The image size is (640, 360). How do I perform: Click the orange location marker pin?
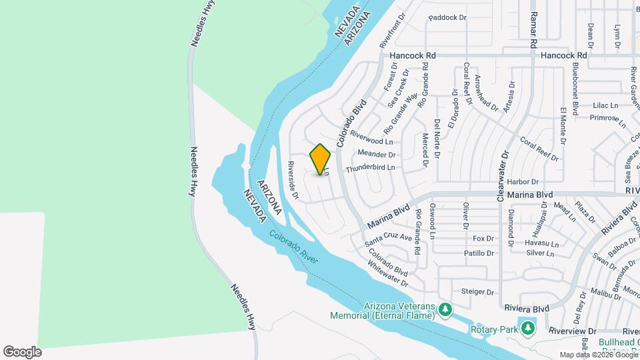pos(321,159)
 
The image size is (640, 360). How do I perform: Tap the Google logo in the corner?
pos(22,351)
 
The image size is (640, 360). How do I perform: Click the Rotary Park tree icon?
pos(528,328)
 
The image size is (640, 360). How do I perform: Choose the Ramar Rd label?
pos(533,31)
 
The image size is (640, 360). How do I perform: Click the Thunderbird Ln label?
pos(370,167)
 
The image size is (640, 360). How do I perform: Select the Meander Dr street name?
pos(377,154)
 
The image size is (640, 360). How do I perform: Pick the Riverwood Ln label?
pos(371,141)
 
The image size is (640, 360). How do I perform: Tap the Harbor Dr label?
pos(522,181)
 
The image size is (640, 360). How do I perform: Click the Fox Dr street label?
pos(483,239)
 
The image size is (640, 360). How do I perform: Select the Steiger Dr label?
pos(477,292)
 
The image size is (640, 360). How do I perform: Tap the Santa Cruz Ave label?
pos(389,236)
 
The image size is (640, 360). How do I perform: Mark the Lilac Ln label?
pos(605,105)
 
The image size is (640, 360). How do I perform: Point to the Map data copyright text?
pos(597,355)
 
